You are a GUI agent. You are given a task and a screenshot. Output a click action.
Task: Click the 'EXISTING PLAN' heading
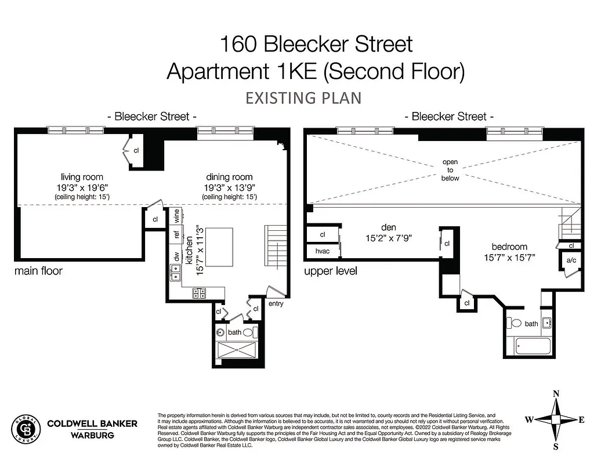tap(303, 97)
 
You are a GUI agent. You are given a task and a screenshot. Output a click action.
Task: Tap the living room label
tap(82, 177)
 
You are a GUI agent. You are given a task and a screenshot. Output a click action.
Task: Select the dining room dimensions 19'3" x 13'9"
tap(229, 188)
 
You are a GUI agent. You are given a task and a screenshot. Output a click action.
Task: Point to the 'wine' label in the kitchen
tap(176, 216)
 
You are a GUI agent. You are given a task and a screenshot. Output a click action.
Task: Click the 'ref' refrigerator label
tap(176, 235)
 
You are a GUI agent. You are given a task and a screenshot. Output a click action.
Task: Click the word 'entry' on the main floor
tap(276, 304)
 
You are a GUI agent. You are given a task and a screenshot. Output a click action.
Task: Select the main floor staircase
tap(276, 244)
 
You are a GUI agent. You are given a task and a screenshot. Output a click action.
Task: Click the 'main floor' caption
tap(38, 271)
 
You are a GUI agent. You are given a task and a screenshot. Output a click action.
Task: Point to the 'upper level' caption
tap(330, 271)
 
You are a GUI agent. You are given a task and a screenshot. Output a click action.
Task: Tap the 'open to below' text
tap(450, 170)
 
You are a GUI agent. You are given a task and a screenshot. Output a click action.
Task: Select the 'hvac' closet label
tap(323, 252)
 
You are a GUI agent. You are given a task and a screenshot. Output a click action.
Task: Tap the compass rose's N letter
tap(556, 394)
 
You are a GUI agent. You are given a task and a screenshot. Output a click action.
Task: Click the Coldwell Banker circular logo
tap(26, 430)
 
